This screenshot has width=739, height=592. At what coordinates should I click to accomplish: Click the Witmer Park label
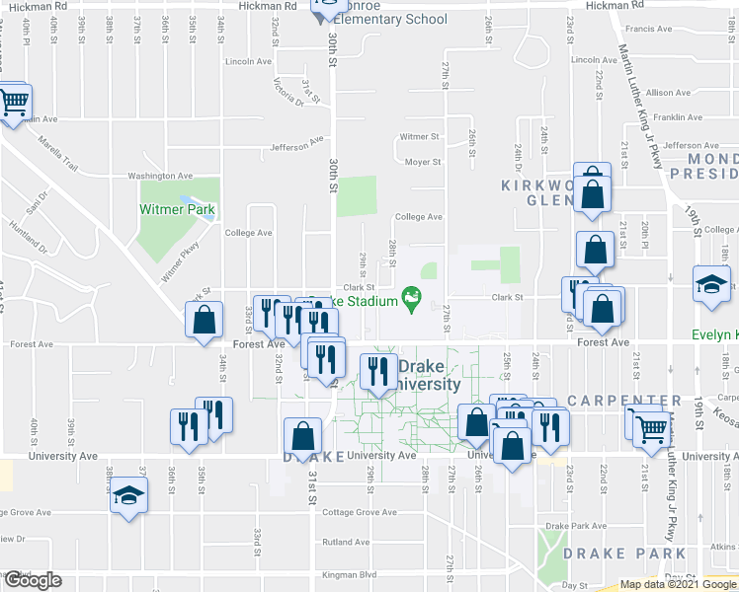tap(178, 209)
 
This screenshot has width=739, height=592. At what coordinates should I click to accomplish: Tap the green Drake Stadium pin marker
tap(411, 295)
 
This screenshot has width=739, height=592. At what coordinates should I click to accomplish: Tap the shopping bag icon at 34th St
tap(204, 321)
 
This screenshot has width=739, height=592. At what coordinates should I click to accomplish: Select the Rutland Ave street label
tap(345, 542)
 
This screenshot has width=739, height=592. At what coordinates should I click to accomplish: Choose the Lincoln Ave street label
tap(248, 61)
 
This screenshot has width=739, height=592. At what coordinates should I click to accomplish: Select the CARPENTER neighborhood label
tap(623, 401)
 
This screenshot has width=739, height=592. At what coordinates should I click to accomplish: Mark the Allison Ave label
tap(668, 93)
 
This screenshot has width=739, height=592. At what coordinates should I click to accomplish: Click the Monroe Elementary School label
tap(390, 19)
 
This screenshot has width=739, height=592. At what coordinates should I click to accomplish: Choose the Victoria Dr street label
tap(288, 92)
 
